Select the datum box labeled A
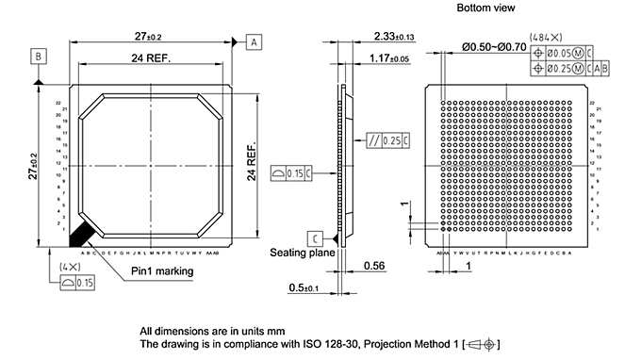pos(254,41)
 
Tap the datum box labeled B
pos(39,57)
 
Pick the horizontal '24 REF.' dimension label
pos(149,58)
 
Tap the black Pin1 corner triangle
pos(78,231)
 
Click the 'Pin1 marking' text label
pos(162,271)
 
